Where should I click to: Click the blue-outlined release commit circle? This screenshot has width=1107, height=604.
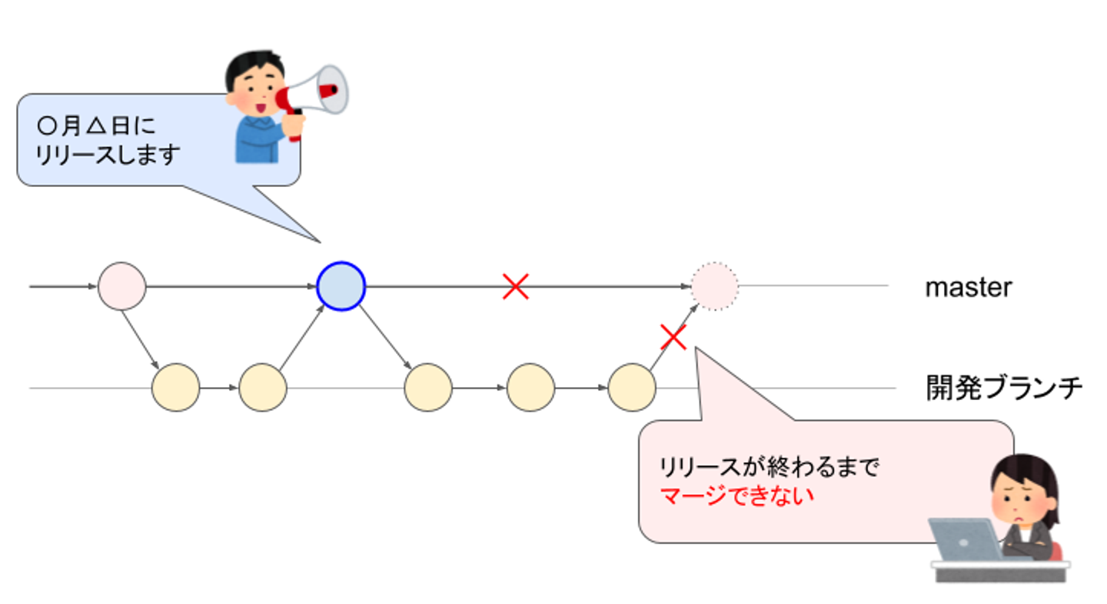[x=341, y=286]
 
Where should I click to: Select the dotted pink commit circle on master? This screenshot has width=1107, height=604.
[x=714, y=286]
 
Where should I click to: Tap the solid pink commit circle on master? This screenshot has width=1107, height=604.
[x=121, y=286]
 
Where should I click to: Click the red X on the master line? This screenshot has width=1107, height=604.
[x=515, y=286]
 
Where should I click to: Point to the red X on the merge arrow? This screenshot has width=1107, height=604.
[x=673, y=336]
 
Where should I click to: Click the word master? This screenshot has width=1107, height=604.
[x=968, y=288]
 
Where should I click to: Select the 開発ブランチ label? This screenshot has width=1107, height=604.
[x=1004, y=388]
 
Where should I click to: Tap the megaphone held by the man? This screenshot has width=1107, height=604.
[x=317, y=90]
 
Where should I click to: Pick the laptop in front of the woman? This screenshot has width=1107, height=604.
[x=964, y=539]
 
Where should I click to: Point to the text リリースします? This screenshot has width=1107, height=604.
[x=108, y=154]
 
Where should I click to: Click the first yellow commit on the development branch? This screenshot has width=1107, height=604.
[x=175, y=388]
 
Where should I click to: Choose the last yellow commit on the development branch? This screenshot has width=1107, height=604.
[x=631, y=388]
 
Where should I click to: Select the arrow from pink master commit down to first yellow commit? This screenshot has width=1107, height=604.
[x=140, y=335]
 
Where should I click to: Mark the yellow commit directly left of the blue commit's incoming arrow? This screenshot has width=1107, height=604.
[x=262, y=388]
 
